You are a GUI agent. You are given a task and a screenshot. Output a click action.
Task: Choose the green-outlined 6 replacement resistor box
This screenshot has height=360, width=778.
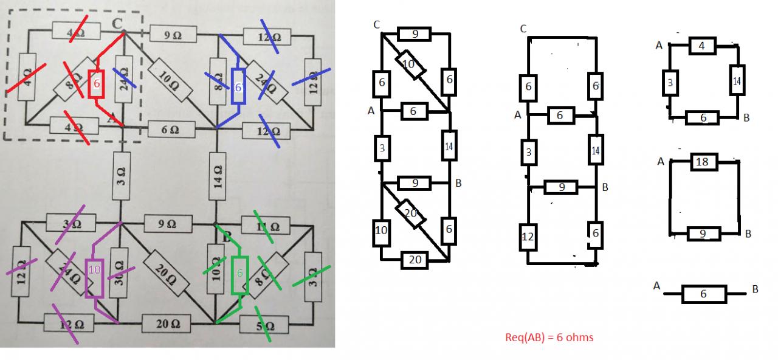(x=240, y=275)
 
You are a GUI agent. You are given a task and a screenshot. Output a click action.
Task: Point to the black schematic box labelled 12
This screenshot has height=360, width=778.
(x=528, y=237)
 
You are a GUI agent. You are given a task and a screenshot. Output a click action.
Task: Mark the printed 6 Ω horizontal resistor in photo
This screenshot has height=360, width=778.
(x=171, y=129)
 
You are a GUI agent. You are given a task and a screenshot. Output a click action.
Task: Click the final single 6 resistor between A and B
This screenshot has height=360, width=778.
(x=704, y=294)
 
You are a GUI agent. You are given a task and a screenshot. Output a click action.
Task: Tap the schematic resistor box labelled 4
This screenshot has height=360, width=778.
(x=703, y=46)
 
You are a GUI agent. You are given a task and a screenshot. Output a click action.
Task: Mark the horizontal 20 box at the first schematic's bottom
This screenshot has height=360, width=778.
(x=416, y=261)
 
